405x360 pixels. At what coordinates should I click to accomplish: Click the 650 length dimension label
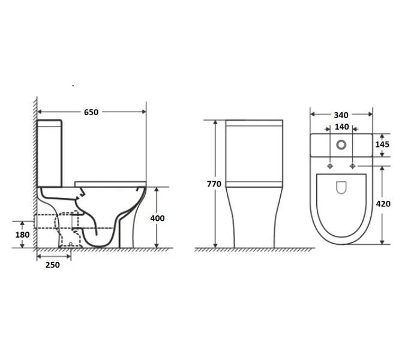91,112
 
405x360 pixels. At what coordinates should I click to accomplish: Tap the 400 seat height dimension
157,218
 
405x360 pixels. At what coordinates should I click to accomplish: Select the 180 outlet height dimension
22,235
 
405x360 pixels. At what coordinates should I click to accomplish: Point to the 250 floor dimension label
53,265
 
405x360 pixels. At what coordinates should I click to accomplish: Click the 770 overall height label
214,184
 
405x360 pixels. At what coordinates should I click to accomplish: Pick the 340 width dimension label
341,115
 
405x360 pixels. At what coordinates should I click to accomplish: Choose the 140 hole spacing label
342,127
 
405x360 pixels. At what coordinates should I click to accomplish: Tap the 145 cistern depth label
382,145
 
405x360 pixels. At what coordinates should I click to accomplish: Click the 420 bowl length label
383,204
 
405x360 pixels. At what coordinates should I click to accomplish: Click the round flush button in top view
341,145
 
